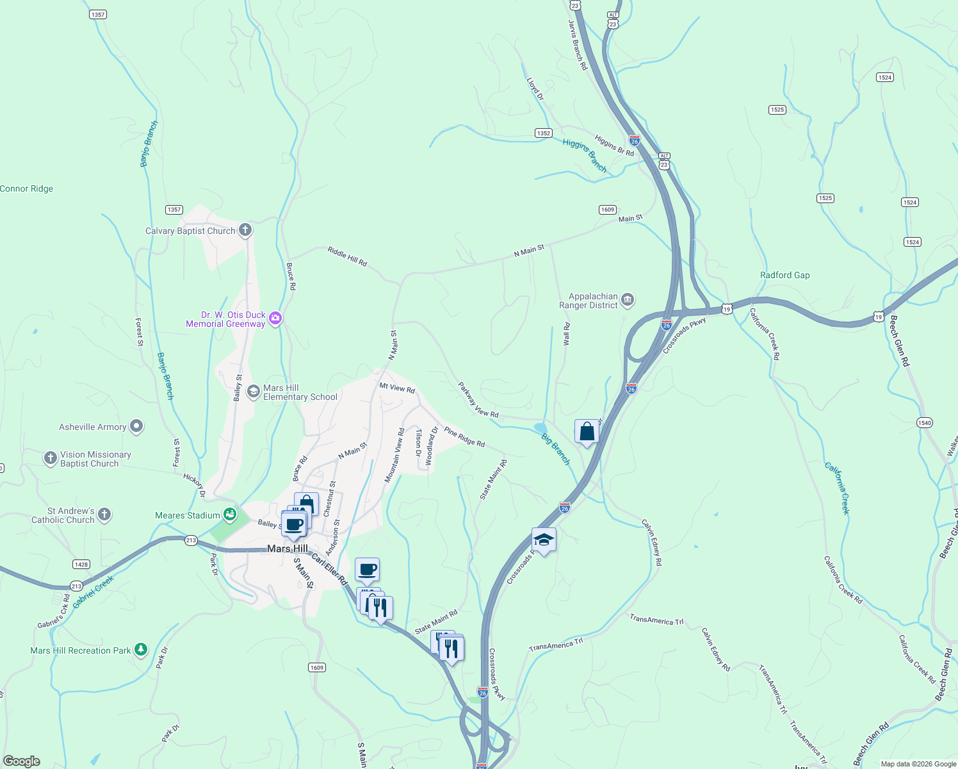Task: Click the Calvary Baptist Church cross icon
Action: (245, 230)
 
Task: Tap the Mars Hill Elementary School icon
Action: (254, 391)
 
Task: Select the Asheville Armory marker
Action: (136, 426)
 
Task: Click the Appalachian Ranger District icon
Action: (628, 300)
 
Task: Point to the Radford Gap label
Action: (784, 275)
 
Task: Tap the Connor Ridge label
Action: (27, 188)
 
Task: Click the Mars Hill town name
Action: (288, 549)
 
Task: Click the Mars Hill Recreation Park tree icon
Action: (141, 650)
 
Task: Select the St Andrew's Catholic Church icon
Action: (104, 515)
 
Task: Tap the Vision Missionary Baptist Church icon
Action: (51, 458)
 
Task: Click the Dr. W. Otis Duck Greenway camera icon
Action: (275, 318)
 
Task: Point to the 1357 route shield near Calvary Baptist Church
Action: (174, 210)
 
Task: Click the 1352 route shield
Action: (543, 133)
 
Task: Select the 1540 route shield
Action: (925, 423)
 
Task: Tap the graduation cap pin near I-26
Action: (544, 540)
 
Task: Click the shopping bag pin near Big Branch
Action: (587, 433)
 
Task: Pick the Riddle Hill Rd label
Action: (347, 256)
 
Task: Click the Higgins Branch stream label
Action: (585, 156)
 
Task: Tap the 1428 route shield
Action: (81, 565)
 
